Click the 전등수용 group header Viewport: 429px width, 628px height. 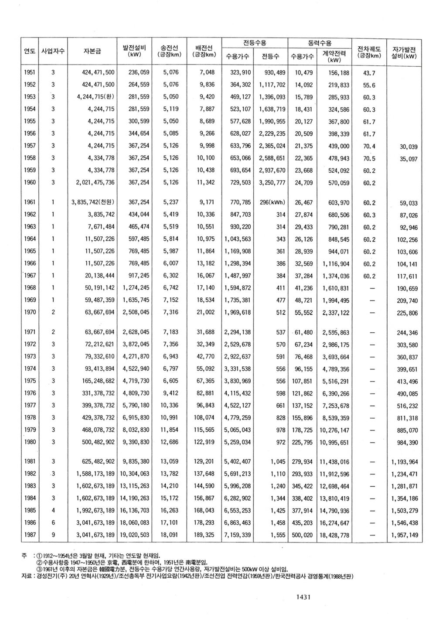click(255, 43)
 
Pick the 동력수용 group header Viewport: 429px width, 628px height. click(320, 43)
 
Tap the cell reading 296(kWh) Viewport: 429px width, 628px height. click(272, 202)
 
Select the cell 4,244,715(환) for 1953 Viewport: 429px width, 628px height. click(94, 97)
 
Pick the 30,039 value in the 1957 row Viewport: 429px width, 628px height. click(408, 147)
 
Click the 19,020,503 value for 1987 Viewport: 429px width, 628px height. click(136, 535)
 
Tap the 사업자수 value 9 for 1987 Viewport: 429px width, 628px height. click(53, 535)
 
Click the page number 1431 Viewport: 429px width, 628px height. click(300, 597)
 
